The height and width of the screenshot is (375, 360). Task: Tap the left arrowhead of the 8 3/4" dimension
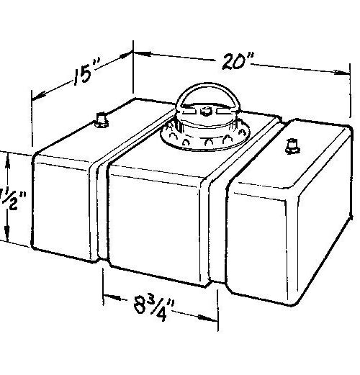[x=107, y=294]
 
